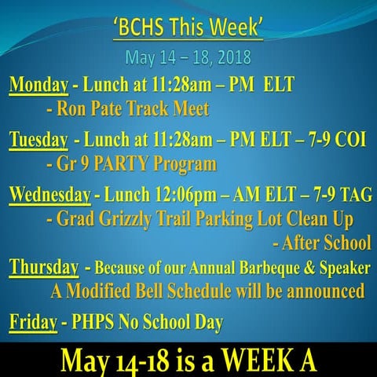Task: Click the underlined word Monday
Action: [x=38, y=86]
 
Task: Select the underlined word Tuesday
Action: [x=38, y=140]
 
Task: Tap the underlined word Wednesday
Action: [x=50, y=195]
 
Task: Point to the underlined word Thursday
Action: [x=44, y=268]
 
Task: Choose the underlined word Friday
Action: [x=33, y=323]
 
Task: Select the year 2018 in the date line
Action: [x=235, y=57]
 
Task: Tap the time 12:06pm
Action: [x=186, y=195]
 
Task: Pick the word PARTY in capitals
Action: [x=122, y=163]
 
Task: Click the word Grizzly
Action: [x=126, y=219]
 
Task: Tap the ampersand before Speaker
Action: [x=309, y=268]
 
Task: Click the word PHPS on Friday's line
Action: [x=93, y=321]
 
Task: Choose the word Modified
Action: [x=98, y=291]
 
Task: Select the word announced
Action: [x=316, y=291]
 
